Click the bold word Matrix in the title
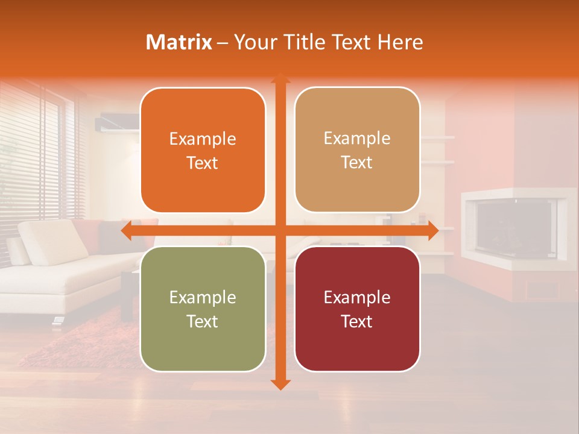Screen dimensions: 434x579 pyautogui.click(x=179, y=42)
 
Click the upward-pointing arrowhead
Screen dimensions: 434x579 pyautogui.click(x=280, y=79)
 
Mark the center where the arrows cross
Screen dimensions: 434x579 pyautogui.click(x=280, y=231)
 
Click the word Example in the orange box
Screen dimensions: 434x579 pyautogui.click(x=203, y=139)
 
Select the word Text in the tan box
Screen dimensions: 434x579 pyautogui.click(x=357, y=163)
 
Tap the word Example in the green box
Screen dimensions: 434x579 pyautogui.click(x=203, y=298)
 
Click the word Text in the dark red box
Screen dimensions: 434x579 pyautogui.click(x=357, y=321)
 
